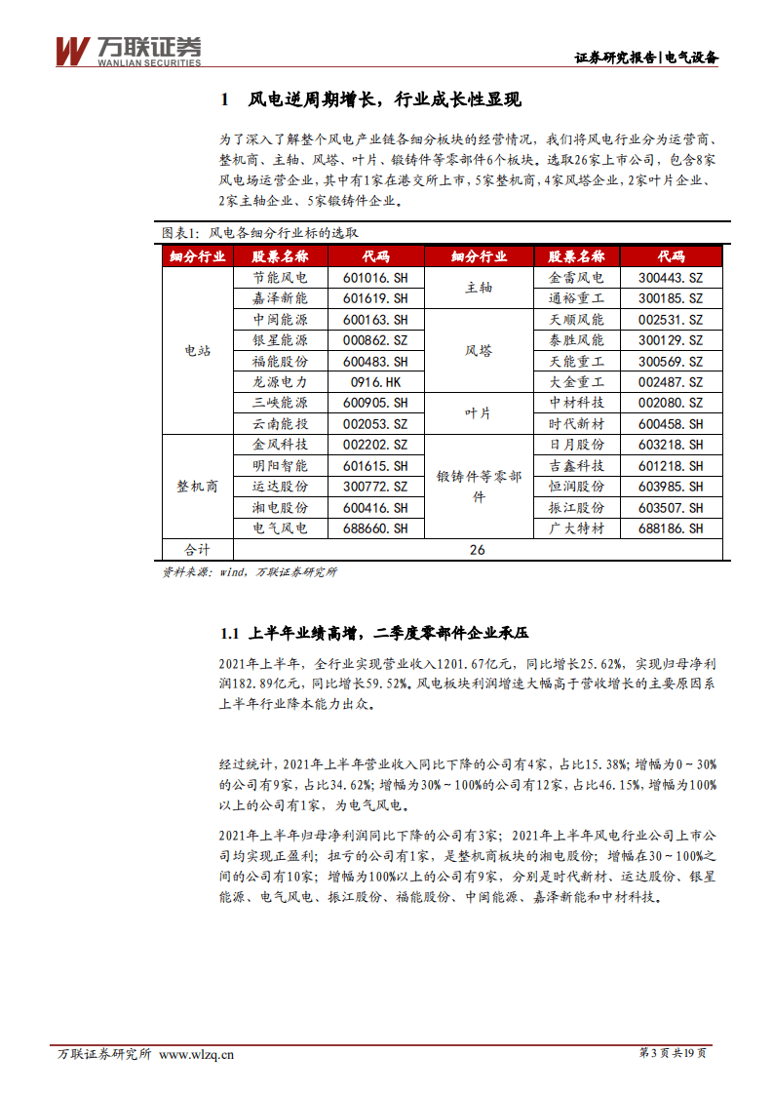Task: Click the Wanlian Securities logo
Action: coord(128,52)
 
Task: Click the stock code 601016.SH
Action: coord(375,278)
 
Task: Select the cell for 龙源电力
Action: coord(280,382)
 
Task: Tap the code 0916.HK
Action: coord(375,382)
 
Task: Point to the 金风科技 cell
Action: coord(280,445)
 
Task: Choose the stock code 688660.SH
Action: coord(375,528)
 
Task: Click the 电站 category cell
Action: coord(197,351)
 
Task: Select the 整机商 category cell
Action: coord(197,487)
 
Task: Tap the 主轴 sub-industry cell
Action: coord(479,288)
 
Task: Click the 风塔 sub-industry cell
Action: coord(479,351)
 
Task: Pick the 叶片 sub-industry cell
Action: coord(479,413)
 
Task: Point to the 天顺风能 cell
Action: coord(576,320)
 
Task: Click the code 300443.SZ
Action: coord(671,278)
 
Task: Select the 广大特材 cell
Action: coord(576,528)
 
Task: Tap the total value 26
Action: coord(477,550)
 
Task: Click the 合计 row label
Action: coord(197,550)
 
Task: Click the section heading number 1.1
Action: coord(229,634)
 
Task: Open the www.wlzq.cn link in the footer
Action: coord(196,1053)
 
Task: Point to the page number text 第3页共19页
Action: coord(673,1053)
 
